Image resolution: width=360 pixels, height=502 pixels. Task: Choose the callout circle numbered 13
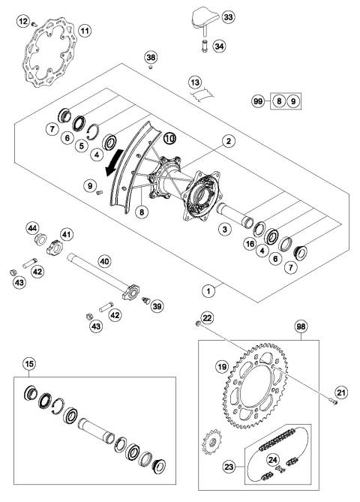click(x=194, y=82)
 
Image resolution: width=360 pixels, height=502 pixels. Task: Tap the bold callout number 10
click(x=169, y=138)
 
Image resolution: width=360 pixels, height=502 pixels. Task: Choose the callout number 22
click(x=207, y=320)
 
